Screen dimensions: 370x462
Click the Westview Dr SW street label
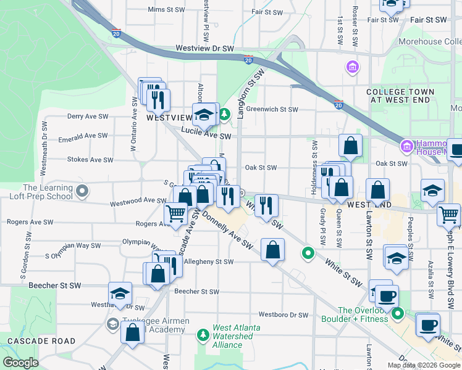[205, 48]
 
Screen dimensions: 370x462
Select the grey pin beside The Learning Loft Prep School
[82, 192]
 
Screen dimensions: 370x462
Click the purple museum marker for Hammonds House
[407, 147]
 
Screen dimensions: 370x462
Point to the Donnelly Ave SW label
[227, 232]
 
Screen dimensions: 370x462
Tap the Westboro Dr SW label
[283, 314]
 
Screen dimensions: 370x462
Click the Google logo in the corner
[20, 363]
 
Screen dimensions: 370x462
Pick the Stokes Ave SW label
[90, 160]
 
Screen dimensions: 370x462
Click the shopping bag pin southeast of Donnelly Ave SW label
[272, 250]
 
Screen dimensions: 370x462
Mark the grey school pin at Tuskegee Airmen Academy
[113, 324]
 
